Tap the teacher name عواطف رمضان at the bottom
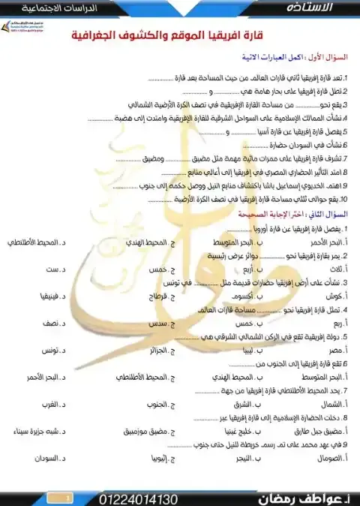(296, 498)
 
